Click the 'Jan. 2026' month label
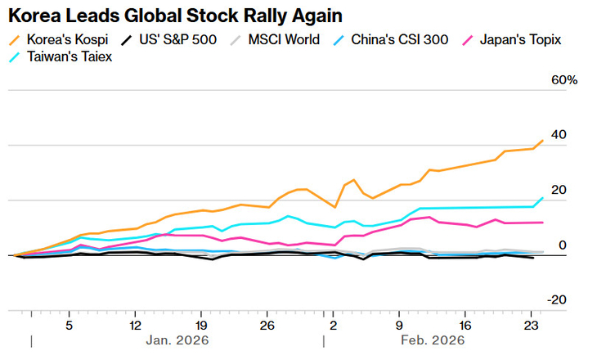pos(177,340)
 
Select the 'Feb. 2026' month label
pos(433,340)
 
